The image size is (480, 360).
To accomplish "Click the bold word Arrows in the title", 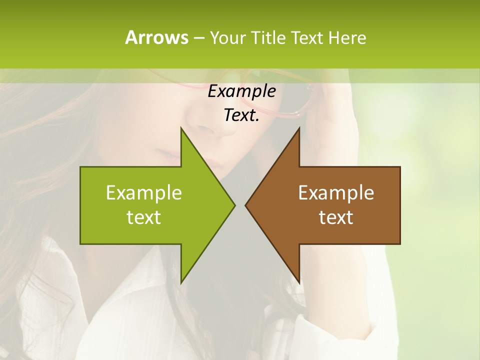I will click(156, 37).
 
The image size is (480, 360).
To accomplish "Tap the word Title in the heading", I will click(265, 37).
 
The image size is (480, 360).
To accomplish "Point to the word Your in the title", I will click(227, 37).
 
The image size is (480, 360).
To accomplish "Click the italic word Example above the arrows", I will click(241, 91).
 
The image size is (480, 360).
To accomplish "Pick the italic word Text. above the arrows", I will click(241, 115).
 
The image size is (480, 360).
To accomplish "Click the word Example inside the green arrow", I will click(144, 193).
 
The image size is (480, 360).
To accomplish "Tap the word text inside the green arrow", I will click(144, 217).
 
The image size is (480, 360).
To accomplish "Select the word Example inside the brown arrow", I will click(336, 193).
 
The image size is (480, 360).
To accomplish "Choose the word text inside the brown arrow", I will click(336, 217).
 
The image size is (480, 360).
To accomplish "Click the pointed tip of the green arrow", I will click(233, 205).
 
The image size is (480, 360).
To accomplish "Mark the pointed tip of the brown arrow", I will click(246, 205).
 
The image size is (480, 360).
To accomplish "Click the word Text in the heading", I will click(307, 37).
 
